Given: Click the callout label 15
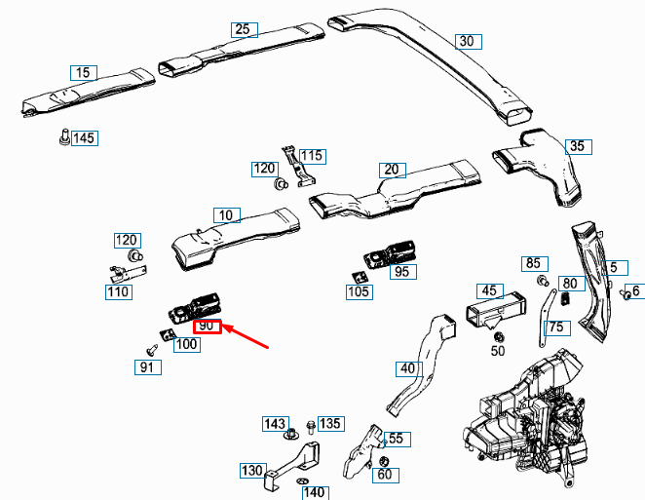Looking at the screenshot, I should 83,72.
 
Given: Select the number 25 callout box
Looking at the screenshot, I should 243,29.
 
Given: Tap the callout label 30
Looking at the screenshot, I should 469,41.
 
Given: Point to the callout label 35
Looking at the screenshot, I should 578,146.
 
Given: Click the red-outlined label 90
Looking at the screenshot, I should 208,327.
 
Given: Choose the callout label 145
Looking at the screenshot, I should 84,138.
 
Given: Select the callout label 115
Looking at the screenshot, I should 311,156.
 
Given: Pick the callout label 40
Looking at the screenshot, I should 406,368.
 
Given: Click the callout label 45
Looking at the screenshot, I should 489,289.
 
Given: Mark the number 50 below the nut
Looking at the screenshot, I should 498,350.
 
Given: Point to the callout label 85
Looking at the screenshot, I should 532,263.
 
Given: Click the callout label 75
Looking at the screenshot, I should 556,327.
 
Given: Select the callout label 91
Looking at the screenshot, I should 146,367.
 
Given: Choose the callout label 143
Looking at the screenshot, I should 275,424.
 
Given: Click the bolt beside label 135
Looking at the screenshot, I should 309,426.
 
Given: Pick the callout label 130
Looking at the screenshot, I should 251,471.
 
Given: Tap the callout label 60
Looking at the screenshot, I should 384,475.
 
